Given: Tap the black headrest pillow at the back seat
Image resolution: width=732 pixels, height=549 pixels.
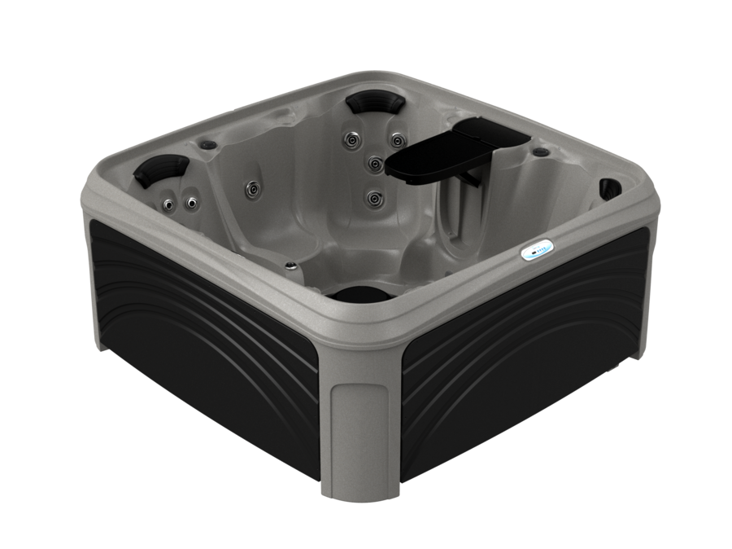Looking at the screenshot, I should (375, 103).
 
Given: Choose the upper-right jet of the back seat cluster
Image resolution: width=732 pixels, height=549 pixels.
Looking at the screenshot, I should (396, 140).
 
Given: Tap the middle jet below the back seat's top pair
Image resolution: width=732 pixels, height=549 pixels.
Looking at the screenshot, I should (375, 164).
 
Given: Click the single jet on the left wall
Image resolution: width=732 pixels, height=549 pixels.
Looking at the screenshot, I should (254, 189).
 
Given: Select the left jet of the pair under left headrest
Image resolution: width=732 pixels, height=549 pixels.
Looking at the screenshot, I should (168, 203).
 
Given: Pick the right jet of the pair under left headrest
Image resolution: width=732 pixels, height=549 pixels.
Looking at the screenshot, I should (193, 201).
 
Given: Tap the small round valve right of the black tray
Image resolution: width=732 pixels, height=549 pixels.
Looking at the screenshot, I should (539, 152).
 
